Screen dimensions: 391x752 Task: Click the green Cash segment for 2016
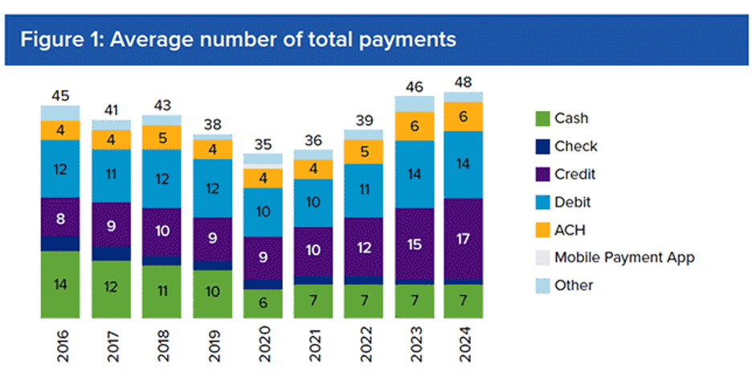coord(60,284)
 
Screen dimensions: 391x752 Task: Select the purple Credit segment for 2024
coord(463,239)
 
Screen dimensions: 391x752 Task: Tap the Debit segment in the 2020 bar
coord(264,212)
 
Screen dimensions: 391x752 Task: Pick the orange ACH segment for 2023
coord(414,126)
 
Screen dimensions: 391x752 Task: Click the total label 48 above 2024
coord(463,82)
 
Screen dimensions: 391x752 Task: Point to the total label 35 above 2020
coord(264,145)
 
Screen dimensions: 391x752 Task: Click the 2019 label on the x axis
coord(212,348)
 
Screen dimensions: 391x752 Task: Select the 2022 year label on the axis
coord(363,348)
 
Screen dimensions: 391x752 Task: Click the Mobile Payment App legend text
coord(624,257)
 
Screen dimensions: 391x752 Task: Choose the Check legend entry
coord(575,146)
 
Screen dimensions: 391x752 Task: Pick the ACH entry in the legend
coord(570,229)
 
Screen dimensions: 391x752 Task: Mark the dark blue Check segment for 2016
coord(60,244)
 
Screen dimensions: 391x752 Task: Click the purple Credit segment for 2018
coord(162,232)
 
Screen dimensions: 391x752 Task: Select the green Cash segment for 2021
coord(313,301)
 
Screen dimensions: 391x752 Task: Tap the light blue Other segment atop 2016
coord(60,113)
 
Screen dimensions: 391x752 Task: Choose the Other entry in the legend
coord(574,285)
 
